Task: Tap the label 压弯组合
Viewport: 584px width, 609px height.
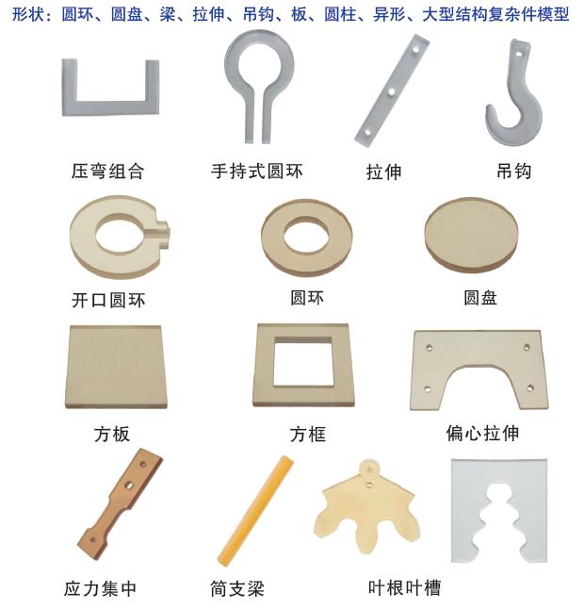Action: [x=107, y=172]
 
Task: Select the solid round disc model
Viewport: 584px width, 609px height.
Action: [x=471, y=235]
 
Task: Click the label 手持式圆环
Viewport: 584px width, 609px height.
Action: [x=256, y=172]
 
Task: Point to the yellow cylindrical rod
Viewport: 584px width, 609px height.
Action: [x=255, y=511]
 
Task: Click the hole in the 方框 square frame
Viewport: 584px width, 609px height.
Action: [x=303, y=362]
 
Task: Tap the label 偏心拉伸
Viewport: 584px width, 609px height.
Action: [x=482, y=433]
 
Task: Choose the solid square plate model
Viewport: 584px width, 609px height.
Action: [x=116, y=367]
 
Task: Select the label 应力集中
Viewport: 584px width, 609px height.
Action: [x=100, y=589]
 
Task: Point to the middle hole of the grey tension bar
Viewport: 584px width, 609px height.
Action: [x=391, y=92]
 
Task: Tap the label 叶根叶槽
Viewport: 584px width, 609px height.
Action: [x=404, y=588]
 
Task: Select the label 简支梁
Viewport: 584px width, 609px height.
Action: [x=237, y=589]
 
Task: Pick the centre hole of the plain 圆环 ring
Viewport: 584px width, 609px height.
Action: [x=306, y=236]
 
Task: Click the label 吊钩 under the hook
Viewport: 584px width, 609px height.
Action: [x=513, y=172]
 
